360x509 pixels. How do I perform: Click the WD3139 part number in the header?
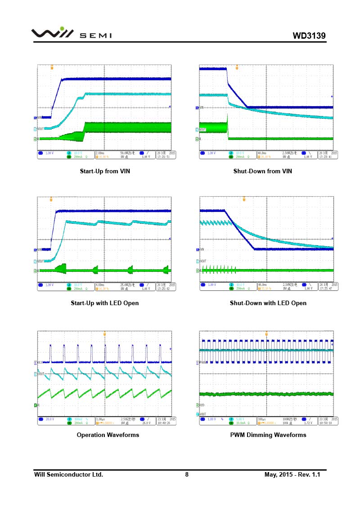pyautogui.click(x=309, y=36)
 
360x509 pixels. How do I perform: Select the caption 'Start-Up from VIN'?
pyautogui.click(x=105, y=171)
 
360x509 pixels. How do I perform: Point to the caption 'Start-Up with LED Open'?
pyautogui.click(x=105, y=303)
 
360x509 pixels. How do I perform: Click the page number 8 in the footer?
pyautogui.click(x=187, y=474)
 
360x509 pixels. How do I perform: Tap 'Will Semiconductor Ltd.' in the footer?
pyautogui.click(x=69, y=474)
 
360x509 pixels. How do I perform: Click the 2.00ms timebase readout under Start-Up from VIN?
pyautogui.click(x=100, y=153)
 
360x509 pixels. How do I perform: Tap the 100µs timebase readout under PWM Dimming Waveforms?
pyautogui.click(x=262, y=419)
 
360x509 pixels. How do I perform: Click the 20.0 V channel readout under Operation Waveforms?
pyautogui.click(x=49, y=419)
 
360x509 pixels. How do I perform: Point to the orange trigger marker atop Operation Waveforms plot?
pyautogui.click(x=105, y=334)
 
